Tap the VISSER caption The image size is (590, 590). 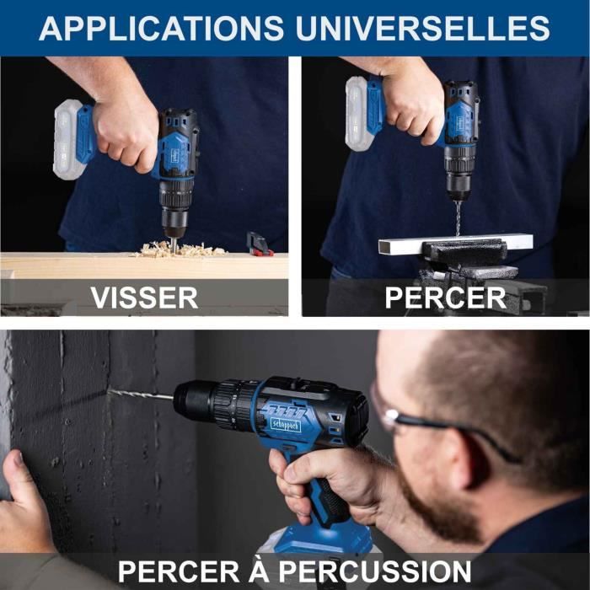pyautogui.click(x=144, y=297)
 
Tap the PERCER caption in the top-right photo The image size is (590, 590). pyautogui.click(x=445, y=297)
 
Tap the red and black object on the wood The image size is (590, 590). pyautogui.click(x=259, y=244)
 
